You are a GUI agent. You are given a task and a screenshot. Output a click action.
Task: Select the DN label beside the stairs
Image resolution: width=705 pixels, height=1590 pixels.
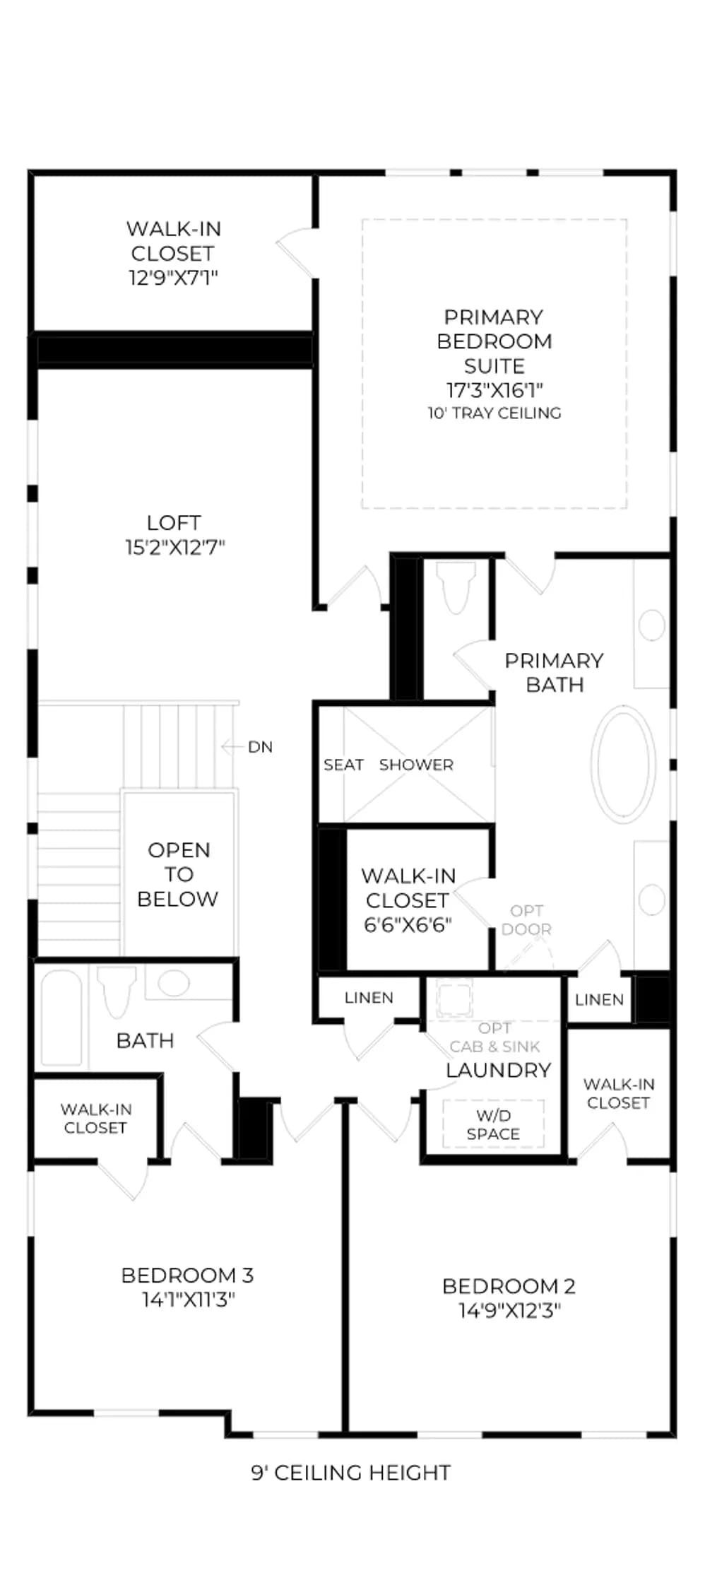tap(260, 747)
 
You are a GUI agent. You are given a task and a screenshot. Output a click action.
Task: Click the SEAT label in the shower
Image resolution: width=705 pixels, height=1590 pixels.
tap(343, 765)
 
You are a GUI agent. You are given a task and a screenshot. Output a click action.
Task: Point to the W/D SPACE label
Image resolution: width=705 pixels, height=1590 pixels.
tap(493, 1124)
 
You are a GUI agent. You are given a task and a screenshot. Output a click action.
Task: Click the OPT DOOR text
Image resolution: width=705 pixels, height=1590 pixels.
tap(527, 920)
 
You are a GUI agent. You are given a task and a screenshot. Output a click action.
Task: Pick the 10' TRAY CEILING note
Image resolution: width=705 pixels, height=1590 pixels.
tap(494, 413)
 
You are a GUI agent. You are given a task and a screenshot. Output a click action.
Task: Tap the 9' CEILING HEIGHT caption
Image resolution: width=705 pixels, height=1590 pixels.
tap(351, 1473)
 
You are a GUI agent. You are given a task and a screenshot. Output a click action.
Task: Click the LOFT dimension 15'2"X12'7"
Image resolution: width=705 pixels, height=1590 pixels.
tap(174, 548)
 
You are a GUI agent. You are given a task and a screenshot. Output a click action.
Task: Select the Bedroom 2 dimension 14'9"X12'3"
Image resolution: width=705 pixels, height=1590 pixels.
tap(509, 1311)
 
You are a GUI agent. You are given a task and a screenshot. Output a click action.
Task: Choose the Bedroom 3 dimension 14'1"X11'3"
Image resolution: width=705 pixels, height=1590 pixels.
tap(188, 1300)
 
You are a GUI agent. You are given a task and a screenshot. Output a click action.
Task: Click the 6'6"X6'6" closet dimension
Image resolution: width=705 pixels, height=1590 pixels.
tap(408, 925)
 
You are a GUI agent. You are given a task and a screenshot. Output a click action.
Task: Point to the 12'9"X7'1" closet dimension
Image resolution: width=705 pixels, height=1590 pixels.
tap(173, 278)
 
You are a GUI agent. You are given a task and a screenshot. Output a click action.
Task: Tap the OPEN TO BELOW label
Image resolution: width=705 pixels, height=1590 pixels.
tap(178, 874)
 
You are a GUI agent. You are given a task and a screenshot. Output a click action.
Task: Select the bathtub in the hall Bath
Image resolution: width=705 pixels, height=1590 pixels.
tap(61, 1017)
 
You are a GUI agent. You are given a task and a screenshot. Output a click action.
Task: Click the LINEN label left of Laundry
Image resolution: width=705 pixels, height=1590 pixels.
tap(369, 998)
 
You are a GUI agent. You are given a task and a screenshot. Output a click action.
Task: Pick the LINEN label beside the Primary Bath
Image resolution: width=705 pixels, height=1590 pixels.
tap(599, 1000)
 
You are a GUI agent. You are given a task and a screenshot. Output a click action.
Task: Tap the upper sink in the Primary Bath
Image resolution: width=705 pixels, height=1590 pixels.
tap(651, 625)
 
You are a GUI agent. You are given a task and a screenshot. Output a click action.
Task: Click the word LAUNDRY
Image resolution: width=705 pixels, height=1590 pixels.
tap(498, 1070)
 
